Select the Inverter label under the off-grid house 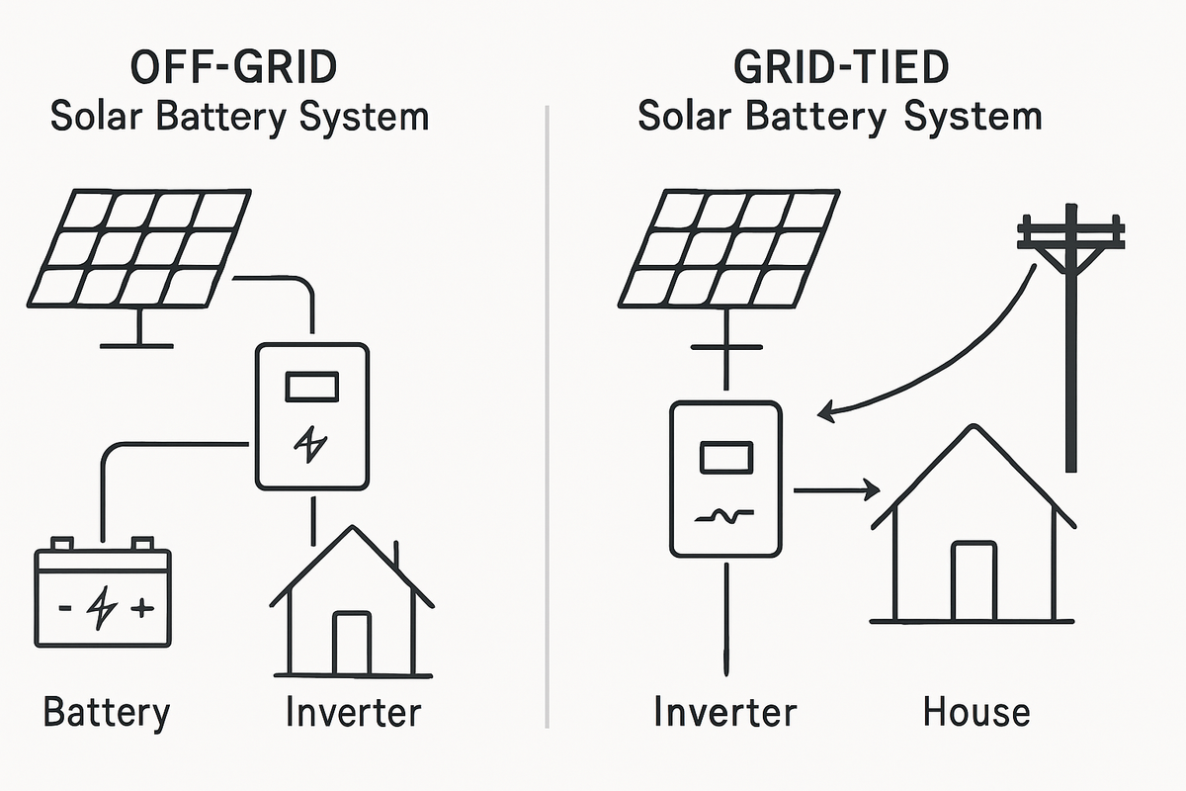coord(353,712)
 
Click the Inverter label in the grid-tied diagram coord(724,712)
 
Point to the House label coord(976,712)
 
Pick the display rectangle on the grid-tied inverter coord(726,458)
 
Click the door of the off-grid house coord(350,644)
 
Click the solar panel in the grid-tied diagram coord(728,247)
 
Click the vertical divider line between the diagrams coord(547,415)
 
